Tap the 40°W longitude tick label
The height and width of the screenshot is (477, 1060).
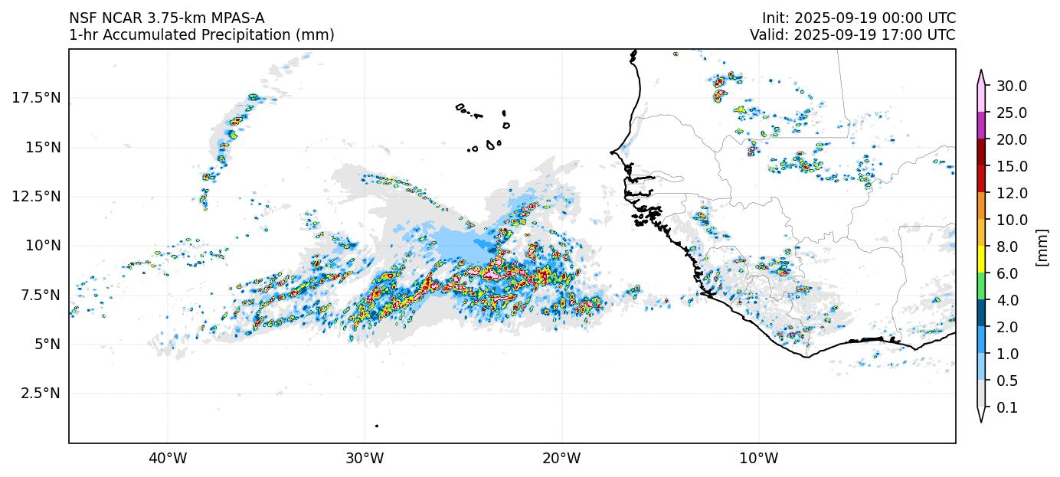coord(168,459)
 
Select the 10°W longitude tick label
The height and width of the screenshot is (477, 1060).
coord(759,459)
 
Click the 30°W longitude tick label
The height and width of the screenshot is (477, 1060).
coord(365,459)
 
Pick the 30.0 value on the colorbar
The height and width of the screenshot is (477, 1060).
coord(1011,86)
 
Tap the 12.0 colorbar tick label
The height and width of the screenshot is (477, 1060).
coord(1011,193)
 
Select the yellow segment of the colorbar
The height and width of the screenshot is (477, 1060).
coord(981,260)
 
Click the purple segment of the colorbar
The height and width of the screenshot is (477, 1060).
coord(981,126)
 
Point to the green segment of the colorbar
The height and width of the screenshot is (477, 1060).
coord(981,286)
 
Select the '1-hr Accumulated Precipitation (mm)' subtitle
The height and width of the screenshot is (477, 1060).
coord(201,34)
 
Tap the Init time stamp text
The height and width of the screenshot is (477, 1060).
coord(859,18)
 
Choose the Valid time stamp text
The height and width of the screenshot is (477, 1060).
coord(852,34)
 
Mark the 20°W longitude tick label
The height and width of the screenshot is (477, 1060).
coord(561,459)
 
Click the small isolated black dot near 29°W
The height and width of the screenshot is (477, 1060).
coord(377,426)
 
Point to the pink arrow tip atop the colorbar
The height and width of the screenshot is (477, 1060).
coord(981,74)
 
